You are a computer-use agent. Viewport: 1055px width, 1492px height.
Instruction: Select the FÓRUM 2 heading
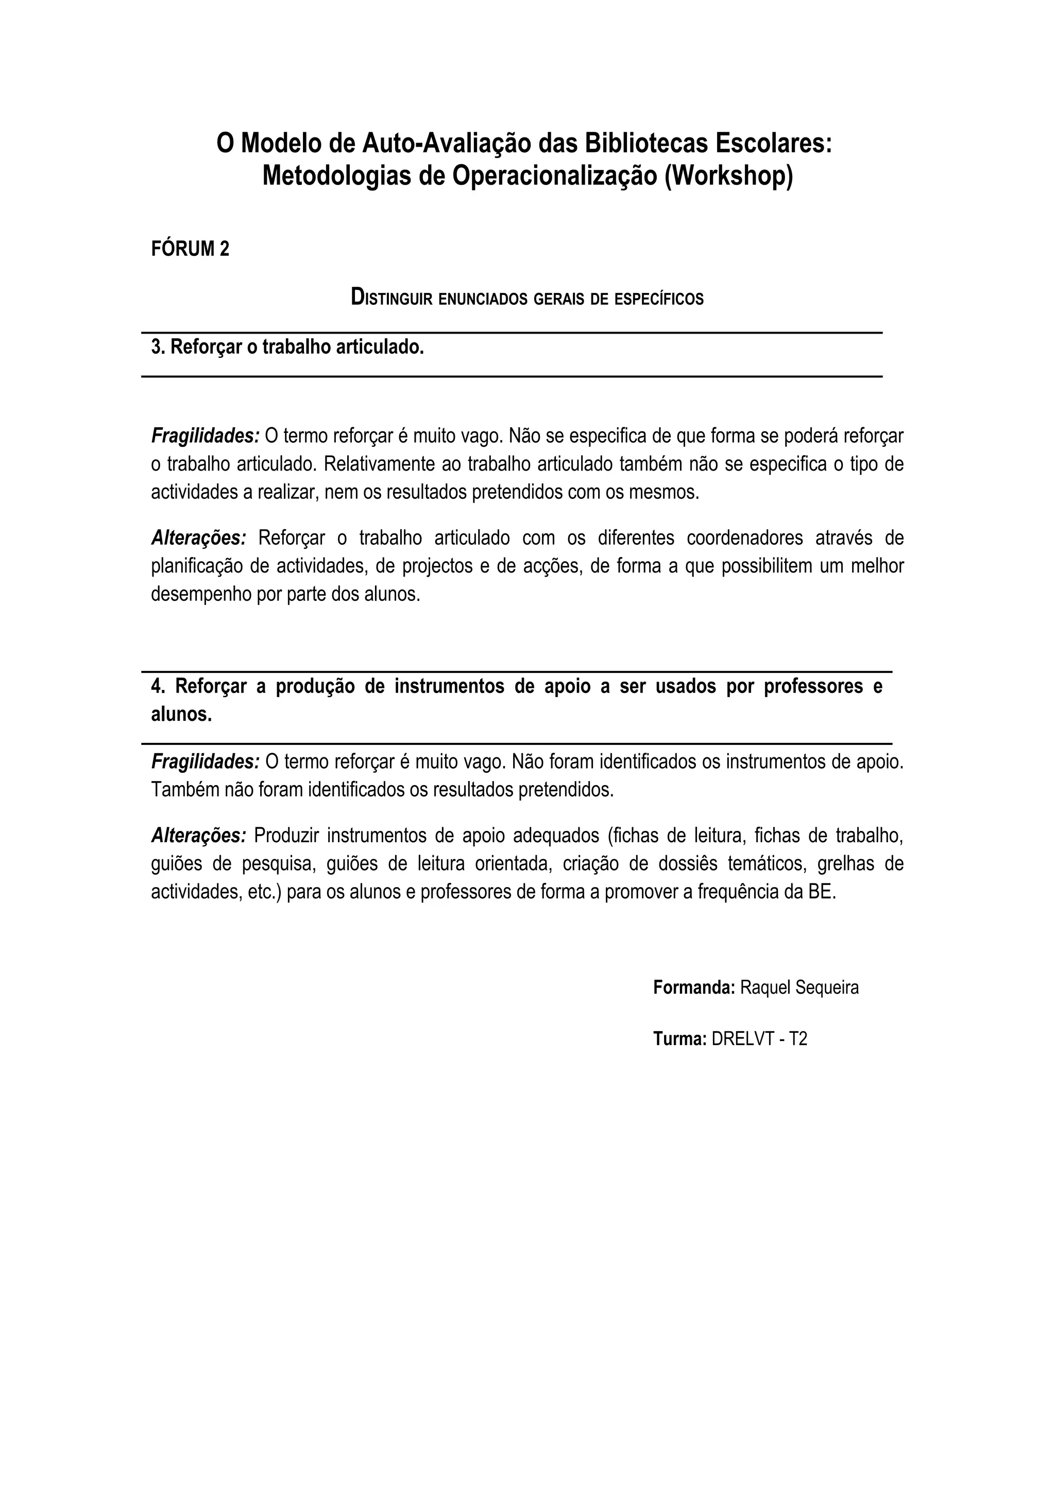point(190,249)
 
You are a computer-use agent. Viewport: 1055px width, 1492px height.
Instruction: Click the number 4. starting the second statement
point(159,687)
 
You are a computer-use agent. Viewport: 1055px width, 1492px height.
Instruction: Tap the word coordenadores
point(736,538)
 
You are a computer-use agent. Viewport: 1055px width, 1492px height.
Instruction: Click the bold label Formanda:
point(693,988)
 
